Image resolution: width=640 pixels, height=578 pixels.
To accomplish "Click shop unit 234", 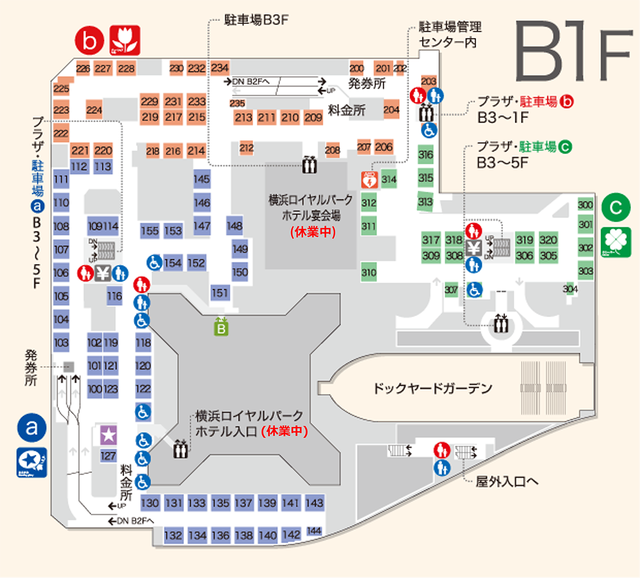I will [220, 68].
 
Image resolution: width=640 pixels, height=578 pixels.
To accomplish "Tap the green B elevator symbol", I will [221, 326].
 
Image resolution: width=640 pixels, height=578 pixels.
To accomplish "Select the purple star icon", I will [109, 435].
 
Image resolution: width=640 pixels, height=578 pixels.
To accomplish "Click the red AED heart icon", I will [369, 180].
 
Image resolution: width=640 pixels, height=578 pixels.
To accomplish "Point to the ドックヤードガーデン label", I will [432, 388].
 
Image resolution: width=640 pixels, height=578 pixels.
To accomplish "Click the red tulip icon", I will [125, 41].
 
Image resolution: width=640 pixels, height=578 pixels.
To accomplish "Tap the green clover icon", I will [616, 242].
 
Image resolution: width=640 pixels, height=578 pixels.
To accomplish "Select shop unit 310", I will [369, 272].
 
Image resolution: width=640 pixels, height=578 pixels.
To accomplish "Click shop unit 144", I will [314, 531].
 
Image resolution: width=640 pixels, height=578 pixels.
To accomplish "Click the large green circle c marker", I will [616, 207].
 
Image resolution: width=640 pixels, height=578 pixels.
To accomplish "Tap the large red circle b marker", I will [90, 41].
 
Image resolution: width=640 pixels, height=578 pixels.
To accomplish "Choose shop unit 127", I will [108, 456].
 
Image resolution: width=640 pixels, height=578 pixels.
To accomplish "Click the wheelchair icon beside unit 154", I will [154, 262].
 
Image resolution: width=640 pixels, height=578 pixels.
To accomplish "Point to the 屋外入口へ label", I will [507, 481].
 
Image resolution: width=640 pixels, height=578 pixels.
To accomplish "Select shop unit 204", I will [391, 109].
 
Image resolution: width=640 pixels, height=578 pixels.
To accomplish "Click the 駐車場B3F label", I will [257, 20].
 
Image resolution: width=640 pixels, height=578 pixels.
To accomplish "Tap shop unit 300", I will [585, 205].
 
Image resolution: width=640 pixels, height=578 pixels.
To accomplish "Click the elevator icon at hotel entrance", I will [180, 449].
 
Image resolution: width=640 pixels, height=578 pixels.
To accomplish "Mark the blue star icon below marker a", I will [32, 462].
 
